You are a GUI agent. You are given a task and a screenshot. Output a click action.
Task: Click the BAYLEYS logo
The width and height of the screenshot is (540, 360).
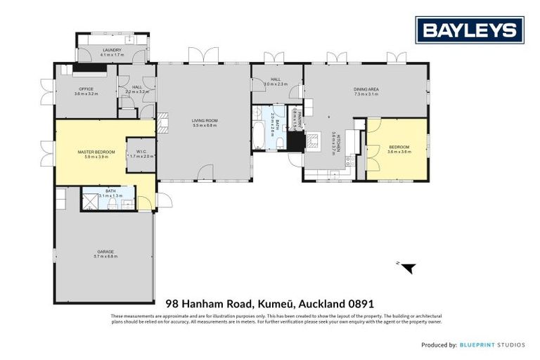pos(469,30)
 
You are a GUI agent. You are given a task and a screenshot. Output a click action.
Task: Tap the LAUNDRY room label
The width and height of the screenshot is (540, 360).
pos(112,50)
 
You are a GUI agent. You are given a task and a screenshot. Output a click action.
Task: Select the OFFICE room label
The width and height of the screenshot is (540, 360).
pos(86,89)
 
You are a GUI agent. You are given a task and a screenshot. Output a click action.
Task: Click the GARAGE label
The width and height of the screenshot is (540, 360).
pos(105,252)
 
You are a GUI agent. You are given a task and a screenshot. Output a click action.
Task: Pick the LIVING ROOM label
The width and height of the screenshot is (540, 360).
pos(205,120)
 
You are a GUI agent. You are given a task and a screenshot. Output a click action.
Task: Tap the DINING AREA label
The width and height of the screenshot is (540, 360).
pos(366,89)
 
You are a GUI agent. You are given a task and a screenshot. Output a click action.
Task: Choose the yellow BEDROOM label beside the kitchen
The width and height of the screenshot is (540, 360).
pos(399,146)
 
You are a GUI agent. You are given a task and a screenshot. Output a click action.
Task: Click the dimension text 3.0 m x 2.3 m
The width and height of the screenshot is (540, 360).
pos(276,84)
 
